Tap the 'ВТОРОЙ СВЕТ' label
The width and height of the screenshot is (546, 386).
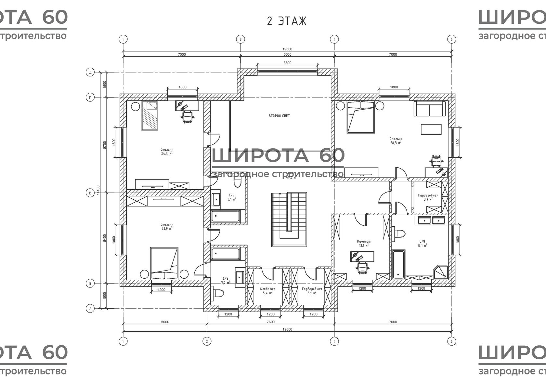279,116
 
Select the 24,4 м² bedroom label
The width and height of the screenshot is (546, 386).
167,152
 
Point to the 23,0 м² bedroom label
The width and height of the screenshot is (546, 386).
167,226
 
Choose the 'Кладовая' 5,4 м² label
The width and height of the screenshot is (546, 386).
267,291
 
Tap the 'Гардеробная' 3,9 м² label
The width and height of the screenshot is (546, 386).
428,197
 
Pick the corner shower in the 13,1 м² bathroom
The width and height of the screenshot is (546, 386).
441,272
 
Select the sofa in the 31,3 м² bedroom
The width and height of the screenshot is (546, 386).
430,109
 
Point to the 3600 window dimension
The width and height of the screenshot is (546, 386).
287,63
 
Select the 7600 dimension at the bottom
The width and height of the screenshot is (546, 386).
270,322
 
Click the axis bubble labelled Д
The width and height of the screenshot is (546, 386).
90,72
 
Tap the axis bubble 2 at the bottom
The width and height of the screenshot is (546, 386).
207,341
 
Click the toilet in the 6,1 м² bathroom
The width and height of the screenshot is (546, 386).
237,183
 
